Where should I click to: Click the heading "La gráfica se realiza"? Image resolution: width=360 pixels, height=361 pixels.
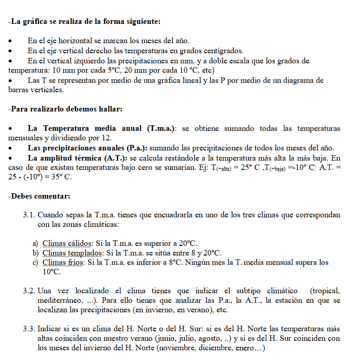[x=85, y=22]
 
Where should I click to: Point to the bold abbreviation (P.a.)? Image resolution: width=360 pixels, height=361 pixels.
[x=136, y=148]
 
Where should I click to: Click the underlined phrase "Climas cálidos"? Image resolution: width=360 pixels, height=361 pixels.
[x=67, y=243]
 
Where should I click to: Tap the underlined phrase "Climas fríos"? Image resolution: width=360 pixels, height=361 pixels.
[x=63, y=262]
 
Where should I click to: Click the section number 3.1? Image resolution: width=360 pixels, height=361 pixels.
[x=29, y=215]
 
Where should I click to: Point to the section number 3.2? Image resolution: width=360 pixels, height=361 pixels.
[x=29, y=291]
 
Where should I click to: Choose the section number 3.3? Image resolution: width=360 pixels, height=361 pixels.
[x=29, y=329]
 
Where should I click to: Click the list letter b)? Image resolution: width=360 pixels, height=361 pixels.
[x=35, y=253]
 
